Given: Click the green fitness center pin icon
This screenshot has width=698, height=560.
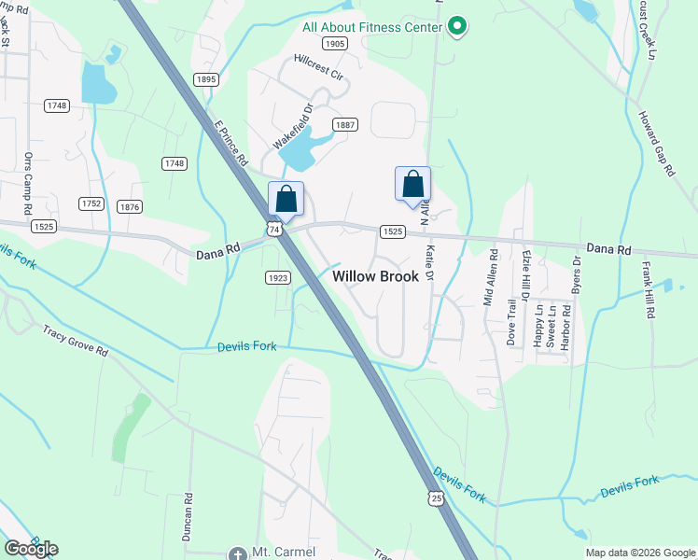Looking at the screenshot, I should click(456, 26).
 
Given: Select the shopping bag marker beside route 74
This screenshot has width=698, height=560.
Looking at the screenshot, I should click(286, 199).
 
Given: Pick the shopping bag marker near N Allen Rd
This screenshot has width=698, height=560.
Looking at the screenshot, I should click(412, 184).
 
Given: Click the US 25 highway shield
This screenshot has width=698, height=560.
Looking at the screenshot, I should click(437, 499).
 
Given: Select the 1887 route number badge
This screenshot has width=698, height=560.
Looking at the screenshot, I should click(345, 125).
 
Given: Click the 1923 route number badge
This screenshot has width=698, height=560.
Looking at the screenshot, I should click(278, 277).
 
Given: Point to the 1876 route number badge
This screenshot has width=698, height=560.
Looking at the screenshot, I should click(130, 206).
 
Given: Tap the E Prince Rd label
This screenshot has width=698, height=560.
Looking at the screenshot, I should click(230, 144).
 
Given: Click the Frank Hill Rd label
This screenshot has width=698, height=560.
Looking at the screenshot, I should click(646, 291).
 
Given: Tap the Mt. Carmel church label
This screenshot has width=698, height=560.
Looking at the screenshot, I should click(285, 552).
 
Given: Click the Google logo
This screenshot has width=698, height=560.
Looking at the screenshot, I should click(31, 549).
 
